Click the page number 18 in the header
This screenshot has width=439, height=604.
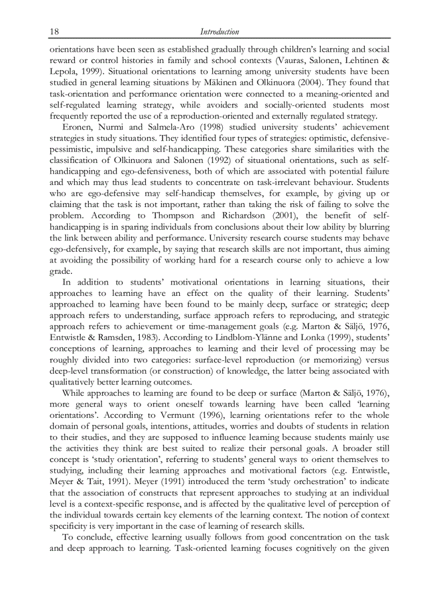click(54, 32)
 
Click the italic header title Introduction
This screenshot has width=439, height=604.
click(219, 32)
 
